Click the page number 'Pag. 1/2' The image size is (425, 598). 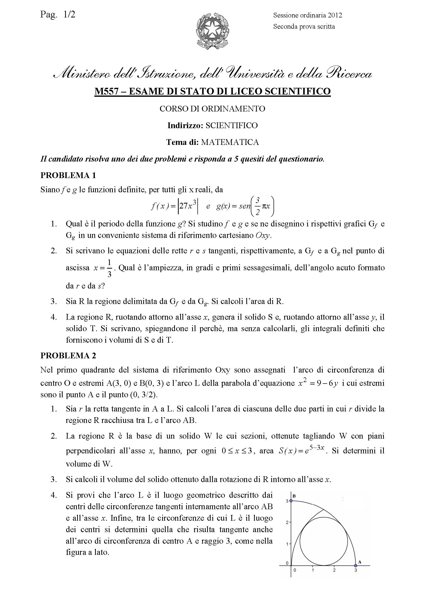tap(58, 15)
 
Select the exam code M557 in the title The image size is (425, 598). tap(107, 91)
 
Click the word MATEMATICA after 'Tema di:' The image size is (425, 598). tap(230, 142)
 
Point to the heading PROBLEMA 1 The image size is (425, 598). tap(68, 175)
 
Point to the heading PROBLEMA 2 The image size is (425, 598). tap(68, 355)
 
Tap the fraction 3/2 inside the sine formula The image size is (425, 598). tap(258, 206)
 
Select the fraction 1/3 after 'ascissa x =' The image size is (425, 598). tap(109, 268)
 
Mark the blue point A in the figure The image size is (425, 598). tap(355, 566)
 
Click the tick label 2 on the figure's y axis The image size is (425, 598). tap(287, 522)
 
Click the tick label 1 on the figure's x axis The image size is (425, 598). tap(313, 570)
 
